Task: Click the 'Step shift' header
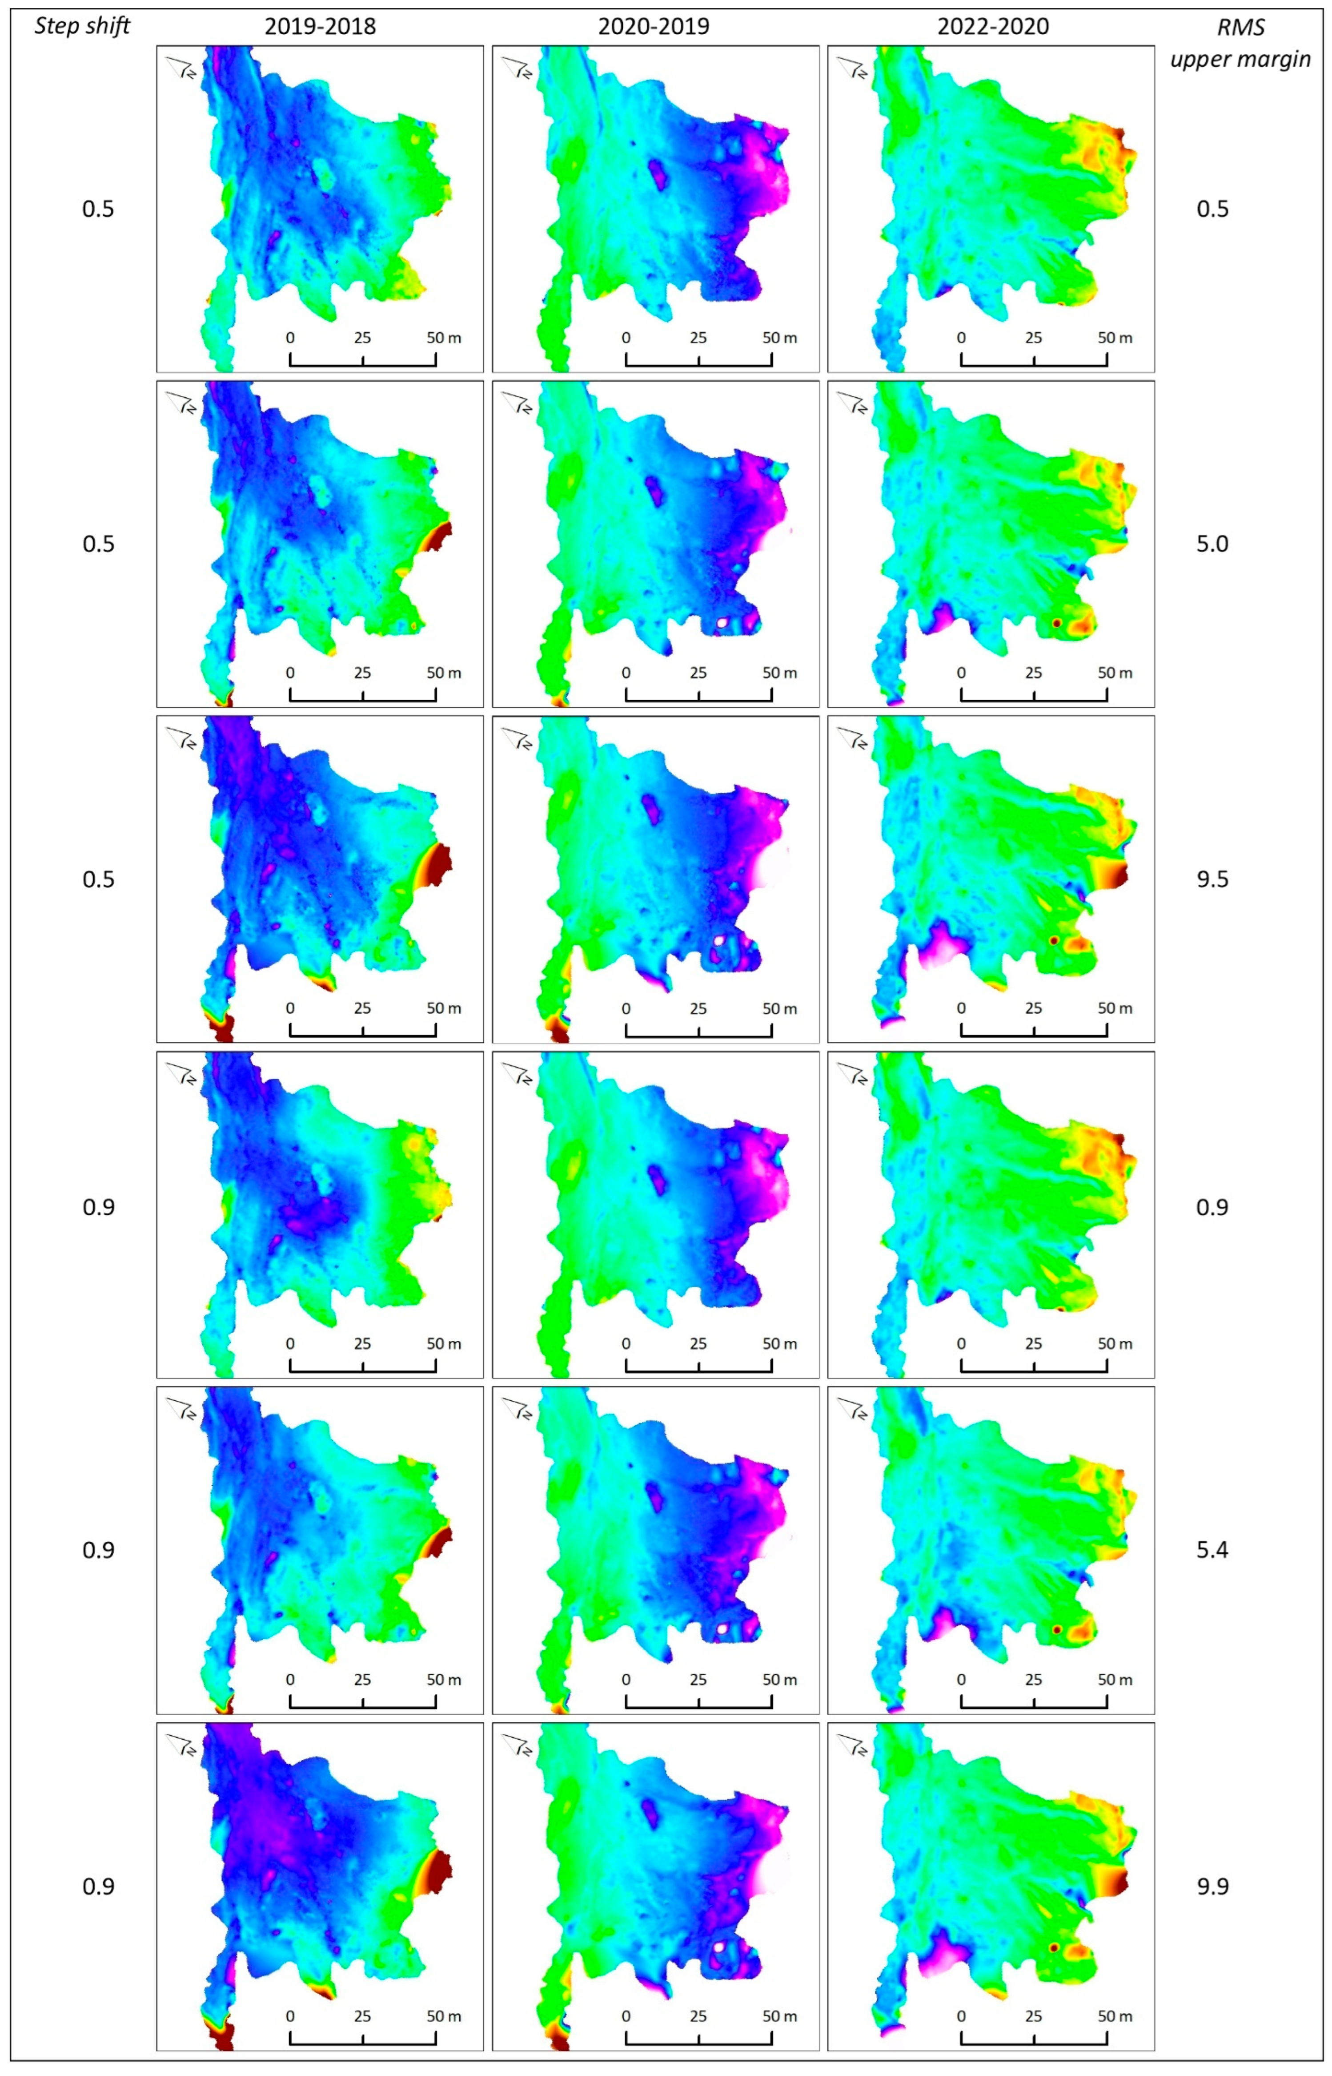82,26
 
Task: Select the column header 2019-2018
320,27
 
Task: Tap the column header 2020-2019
654,27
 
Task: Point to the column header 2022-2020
993,27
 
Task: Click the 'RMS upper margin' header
1240,43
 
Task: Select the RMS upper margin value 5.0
1212,544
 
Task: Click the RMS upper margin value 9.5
1212,879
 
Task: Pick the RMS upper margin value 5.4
1212,1550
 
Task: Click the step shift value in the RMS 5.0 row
98,544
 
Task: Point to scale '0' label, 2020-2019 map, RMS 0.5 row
626,338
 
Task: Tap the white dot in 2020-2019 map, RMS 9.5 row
719,941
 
